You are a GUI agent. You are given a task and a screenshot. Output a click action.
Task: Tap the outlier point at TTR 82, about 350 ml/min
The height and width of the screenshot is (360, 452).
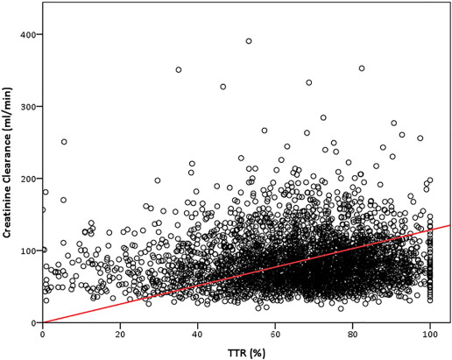361,68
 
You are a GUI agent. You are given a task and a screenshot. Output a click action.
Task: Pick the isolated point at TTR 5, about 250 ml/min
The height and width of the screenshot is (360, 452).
64,142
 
